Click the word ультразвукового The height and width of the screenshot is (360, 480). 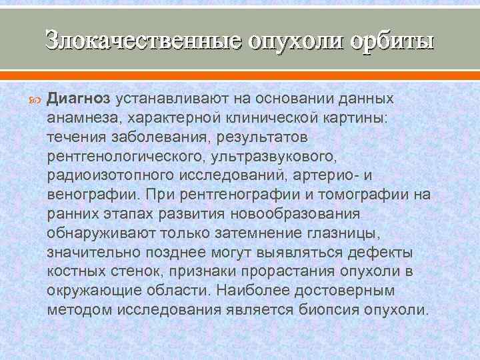(265, 156)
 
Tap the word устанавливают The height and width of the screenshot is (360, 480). (166, 98)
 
